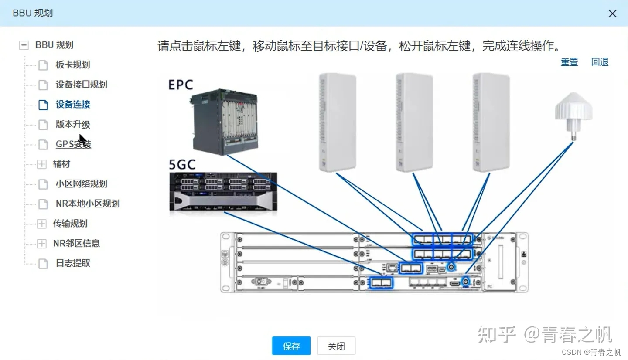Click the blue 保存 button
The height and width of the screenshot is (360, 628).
pos(291,346)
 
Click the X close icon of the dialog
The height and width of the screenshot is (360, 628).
pos(612,14)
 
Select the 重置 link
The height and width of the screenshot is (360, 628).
pos(569,62)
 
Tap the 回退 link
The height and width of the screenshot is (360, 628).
pos(600,62)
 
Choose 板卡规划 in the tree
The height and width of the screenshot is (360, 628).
pos(72,65)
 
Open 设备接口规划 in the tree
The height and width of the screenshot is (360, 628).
pos(81,85)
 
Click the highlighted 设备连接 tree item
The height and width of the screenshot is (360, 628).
pos(73,105)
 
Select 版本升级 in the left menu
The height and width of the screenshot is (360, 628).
pos(72,124)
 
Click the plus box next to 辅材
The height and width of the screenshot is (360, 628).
pos(41,164)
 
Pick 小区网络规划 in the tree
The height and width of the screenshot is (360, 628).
pos(81,184)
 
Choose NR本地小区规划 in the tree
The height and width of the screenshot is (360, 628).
pos(87,204)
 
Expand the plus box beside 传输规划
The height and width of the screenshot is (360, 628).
pos(41,224)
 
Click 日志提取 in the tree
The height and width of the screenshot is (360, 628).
pos(73,263)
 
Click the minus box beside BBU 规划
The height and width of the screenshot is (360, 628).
pos(24,45)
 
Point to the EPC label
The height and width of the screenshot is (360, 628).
pos(181,84)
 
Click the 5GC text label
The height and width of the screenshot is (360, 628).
pos(182,164)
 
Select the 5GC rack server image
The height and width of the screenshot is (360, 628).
pos(223,192)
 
